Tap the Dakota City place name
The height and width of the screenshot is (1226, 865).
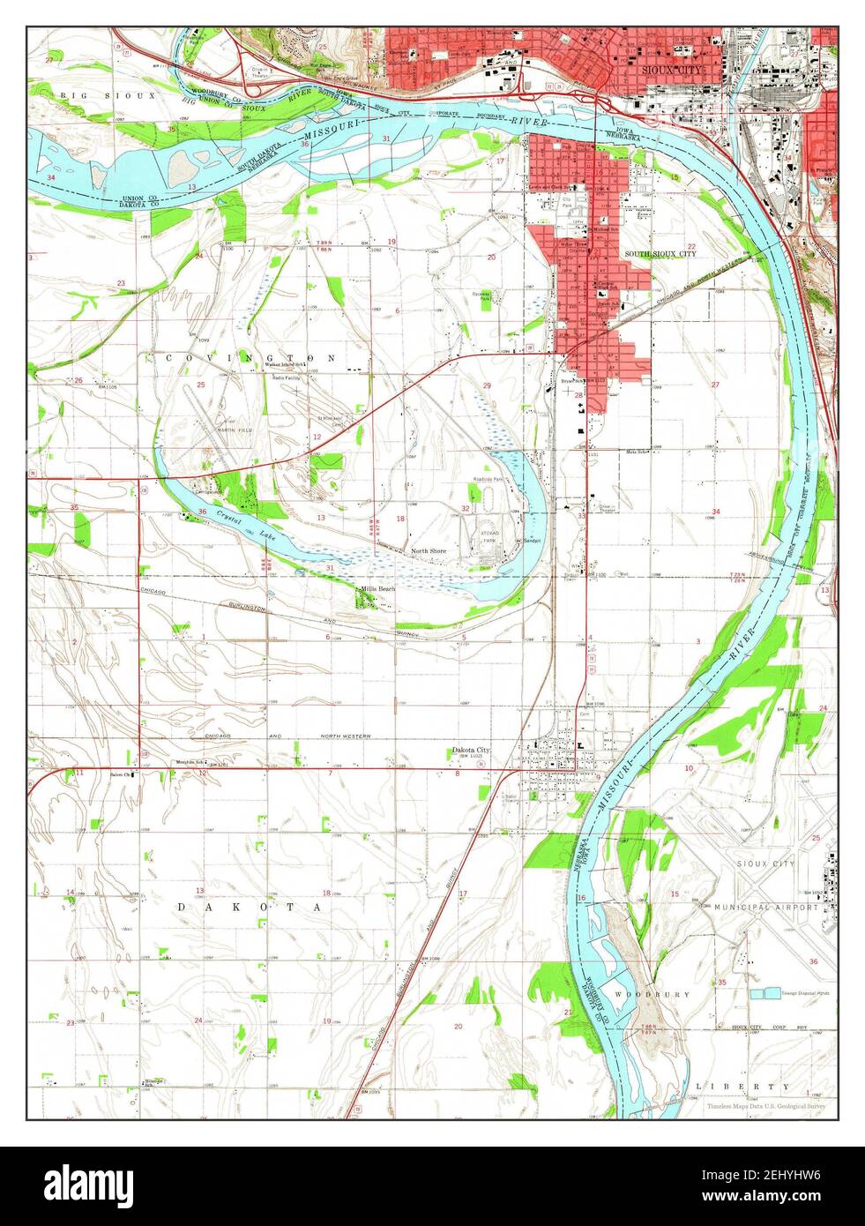click(x=471, y=750)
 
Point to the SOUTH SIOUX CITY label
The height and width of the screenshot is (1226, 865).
click(x=660, y=253)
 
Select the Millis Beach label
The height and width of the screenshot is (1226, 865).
click(x=377, y=588)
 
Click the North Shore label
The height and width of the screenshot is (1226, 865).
click(x=429, y=551)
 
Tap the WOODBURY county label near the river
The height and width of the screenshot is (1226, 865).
click(x=689, y=994)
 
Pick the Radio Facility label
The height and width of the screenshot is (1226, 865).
click(x=286, y=377)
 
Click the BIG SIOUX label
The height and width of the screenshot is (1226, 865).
click(x=108, y=93)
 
